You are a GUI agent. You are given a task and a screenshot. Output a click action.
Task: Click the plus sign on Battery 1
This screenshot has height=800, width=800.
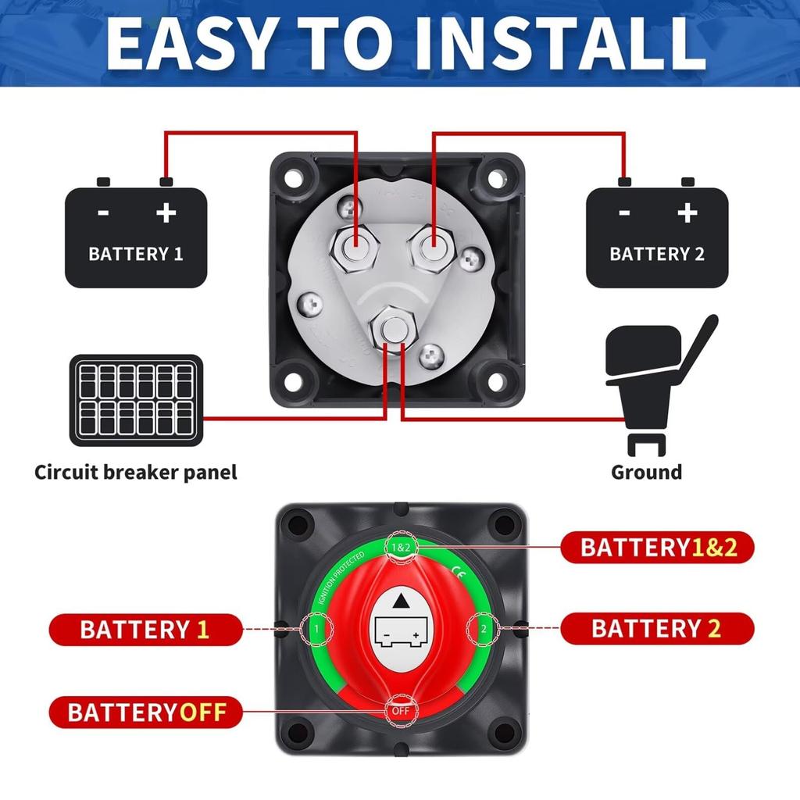pos(165,212)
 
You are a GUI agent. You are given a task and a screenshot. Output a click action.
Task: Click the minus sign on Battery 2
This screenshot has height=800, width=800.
pos(623,212)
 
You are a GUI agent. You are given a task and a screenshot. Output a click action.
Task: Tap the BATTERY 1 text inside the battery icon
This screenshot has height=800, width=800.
pos(135,254)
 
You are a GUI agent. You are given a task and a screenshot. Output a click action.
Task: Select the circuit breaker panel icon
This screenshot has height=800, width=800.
pos(136,400)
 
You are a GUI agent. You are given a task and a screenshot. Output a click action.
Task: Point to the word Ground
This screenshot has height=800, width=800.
pos(646,472)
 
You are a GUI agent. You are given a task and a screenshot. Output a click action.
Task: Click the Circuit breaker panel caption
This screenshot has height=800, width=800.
pos(135,472)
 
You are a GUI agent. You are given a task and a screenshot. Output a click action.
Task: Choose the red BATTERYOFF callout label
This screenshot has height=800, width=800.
pos(146,712)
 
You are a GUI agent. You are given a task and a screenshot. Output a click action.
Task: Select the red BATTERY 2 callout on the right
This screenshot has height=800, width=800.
pos(657,628)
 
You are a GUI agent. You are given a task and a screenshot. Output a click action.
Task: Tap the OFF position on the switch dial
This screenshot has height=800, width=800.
pos(400,711)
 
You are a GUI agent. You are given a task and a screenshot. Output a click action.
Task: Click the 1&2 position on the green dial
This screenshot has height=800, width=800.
pos(400,548)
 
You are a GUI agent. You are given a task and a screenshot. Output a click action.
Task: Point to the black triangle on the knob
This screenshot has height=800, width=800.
pos(400,601)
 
